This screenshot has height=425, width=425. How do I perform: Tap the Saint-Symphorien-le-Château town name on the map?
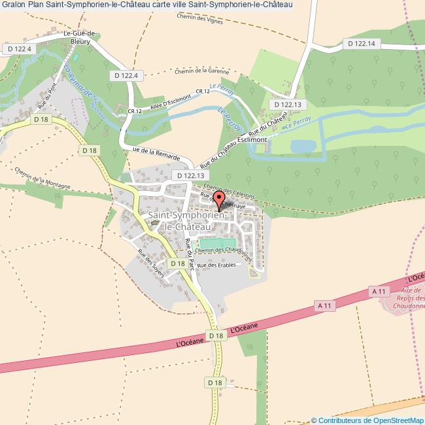coord(188,220)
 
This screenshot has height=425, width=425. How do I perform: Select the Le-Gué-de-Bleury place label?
coord(81,37)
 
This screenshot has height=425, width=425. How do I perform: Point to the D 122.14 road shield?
coord(362,43)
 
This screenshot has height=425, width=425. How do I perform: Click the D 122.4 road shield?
coord(126,76)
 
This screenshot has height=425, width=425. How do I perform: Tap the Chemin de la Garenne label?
coord(202,71)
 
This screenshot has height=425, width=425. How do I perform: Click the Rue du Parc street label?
coord(191,254)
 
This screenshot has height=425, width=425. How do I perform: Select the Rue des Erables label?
coord(215,265)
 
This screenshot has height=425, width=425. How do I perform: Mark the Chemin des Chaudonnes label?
coord(224,250)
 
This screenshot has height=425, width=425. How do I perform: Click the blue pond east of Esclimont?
coord(303,146)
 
